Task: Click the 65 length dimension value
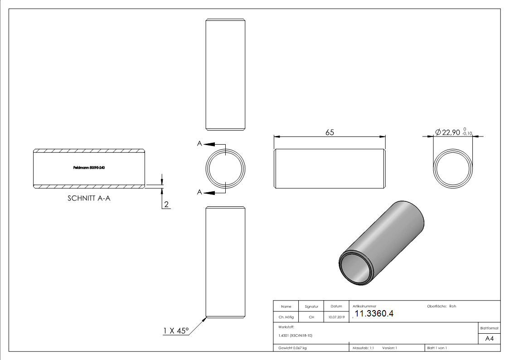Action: point(330,132)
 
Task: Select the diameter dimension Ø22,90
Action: point(447,132)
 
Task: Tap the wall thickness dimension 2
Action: point(166,204)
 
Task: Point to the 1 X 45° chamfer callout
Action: point(175,331)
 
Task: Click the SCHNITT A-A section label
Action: point(88,198)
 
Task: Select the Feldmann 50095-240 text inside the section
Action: point(89,167)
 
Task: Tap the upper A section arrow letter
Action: point(199,144)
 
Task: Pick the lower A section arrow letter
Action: point(199,193)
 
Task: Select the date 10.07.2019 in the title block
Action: point(336,317)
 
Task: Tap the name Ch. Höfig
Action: point(286,317)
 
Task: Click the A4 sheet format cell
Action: point(490,338)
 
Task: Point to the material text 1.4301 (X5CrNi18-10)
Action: point(296,336)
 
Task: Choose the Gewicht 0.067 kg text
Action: point(293,348)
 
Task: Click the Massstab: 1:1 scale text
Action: point(363,348)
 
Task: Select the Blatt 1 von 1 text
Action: point(436,348)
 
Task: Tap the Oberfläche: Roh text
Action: point(441,306)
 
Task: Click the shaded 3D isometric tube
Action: point(382,243)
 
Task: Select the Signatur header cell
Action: point(311,306)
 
